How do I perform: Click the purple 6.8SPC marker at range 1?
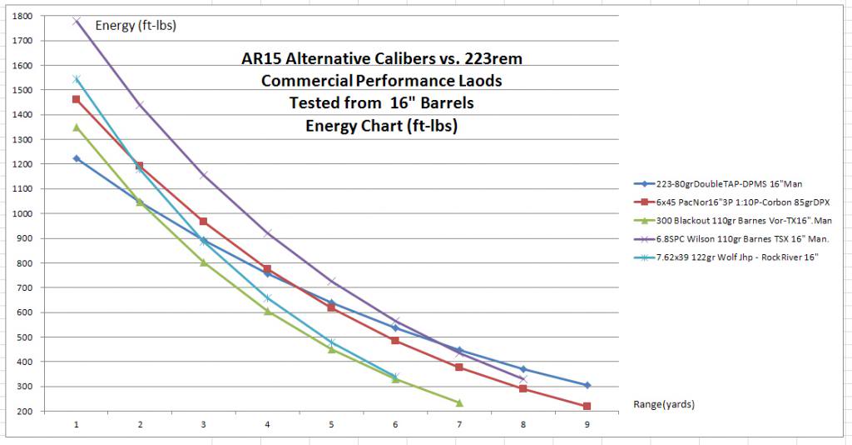pos(76,21)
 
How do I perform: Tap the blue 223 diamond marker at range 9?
pos(587,385)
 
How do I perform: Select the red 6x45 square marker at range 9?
pos(587,406)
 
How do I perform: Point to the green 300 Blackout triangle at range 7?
pos(459,402)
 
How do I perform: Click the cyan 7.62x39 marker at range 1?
pos(76,79)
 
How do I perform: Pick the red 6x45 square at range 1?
pos(76,99)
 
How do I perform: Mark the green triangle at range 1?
pos(76,127)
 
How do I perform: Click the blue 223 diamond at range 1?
pos(76,158)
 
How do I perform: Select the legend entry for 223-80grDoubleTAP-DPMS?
pos(716,184)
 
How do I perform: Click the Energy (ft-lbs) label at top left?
pos(136,26)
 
